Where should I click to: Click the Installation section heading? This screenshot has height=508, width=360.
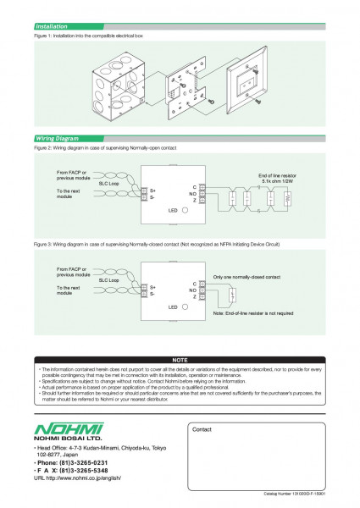point(52,27)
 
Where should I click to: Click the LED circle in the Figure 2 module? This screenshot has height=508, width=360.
point(185,209)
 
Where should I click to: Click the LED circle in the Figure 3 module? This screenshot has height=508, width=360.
point(185,306)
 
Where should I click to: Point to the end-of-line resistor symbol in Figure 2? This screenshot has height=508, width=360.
point(290,200)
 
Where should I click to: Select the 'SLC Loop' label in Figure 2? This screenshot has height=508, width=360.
point(109,182)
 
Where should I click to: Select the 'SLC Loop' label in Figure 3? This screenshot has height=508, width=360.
point(109,279)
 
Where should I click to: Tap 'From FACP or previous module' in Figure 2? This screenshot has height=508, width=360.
point(71,175)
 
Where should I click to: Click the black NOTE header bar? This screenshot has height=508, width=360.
point(180,360)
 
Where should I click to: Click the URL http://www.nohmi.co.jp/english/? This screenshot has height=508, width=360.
point(81,478)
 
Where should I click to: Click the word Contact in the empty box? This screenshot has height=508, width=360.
point(202,430)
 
